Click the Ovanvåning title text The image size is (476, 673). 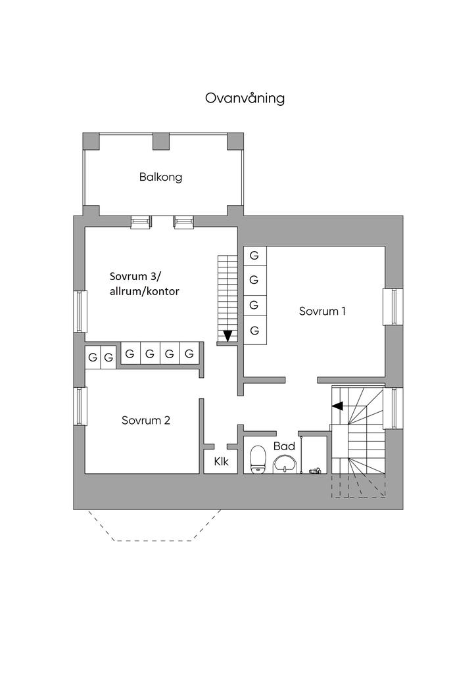click(245, 99)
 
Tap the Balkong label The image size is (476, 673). click(160, 177)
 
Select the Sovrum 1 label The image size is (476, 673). click(322, 311)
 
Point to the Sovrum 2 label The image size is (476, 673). click(146, 420)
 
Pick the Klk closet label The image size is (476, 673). click(221, 462)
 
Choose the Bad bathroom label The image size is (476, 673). click(284, 446)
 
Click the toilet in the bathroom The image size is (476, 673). click(258, 458)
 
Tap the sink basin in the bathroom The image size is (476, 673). click(285, 464)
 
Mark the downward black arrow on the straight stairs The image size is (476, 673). click(227, 336)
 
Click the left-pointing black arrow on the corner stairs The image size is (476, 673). click(337, 406)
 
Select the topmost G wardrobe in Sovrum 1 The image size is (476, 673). click(254, 255)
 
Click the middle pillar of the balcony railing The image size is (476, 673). click(161, 141)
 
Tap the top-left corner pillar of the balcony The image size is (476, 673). click(91, 141)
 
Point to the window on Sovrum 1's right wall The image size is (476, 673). click(393, 306)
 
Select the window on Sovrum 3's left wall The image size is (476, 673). click(80, 311)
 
